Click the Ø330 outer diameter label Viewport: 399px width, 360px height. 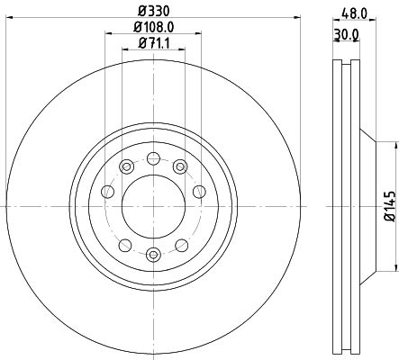(x=153, y=12)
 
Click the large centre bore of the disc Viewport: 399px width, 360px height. (x=153, y=207)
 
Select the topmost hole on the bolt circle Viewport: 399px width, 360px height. (x=153, y=159)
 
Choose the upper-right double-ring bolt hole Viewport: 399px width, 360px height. (x=181, y=167)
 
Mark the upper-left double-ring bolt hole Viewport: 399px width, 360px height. (x=125, y=167)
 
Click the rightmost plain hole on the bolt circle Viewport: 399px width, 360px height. (x=198, y=191)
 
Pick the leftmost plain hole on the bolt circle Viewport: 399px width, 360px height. (x=108, y=191)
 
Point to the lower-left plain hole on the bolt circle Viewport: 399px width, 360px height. (x=125, y=246)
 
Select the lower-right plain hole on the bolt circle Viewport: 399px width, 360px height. (x=181, y=246)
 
